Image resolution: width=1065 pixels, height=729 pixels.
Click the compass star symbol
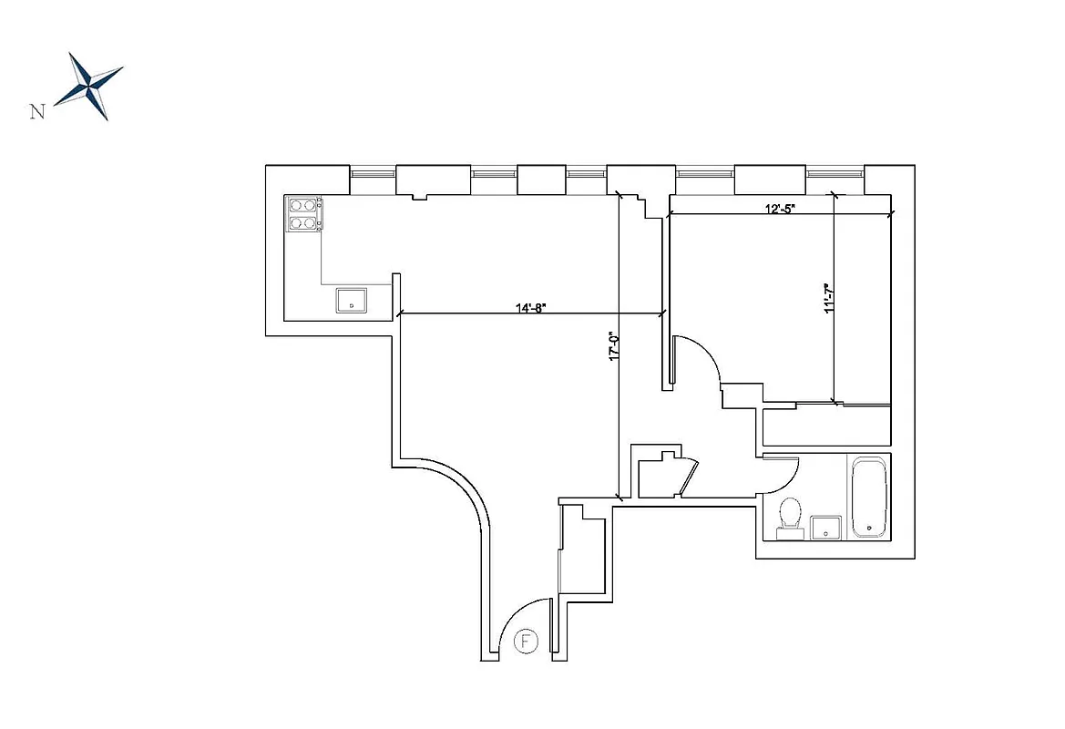pyautogui.click(x=88, y=87)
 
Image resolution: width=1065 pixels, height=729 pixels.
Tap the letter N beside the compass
pyautogui.click(x=37, y=112)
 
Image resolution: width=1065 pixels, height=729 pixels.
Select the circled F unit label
pyautogui.click(x=526, y=642)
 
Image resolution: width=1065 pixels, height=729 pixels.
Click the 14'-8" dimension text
pyautogui.click(x=530, y=308)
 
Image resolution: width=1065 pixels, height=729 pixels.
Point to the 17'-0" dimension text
pyautogui.click(x=613, y=349)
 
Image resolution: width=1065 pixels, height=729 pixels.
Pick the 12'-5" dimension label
pyautogui.click(x=779, y=208)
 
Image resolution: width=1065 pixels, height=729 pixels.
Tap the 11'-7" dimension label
pyautogui.click(x=829, y=299)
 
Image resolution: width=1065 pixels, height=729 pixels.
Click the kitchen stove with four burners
pyautogui.click(x=305, y=214)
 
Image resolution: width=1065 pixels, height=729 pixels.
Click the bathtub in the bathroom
pyautogui.click(x=869, y=498)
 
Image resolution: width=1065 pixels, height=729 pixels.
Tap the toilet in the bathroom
pyautogui.click(x=790, y=514)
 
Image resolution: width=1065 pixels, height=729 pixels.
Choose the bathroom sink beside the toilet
pyautogui.click(x=825, y=527)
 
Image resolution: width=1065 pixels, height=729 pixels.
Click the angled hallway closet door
pyautogui.click(x=690, y=478)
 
